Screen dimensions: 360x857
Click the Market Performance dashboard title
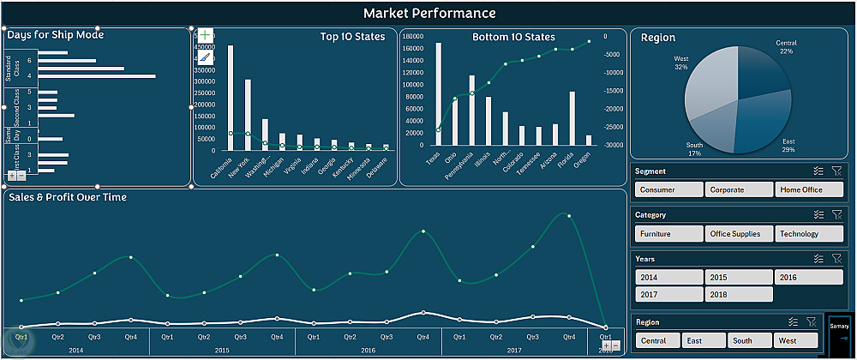428,13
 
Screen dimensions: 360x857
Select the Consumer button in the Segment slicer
669,189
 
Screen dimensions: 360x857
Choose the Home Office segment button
809,189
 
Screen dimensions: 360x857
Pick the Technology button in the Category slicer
809,233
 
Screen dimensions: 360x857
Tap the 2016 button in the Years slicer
809,277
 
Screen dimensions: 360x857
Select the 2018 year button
739,294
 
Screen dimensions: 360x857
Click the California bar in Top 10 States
231,99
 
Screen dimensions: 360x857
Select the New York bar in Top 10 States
248,116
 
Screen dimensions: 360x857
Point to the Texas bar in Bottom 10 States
439,94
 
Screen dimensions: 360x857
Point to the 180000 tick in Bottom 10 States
414,37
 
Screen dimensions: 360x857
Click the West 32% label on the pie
681,63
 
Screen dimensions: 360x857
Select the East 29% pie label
789,145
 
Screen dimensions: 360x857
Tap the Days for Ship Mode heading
56,35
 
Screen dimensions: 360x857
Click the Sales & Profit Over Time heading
67,197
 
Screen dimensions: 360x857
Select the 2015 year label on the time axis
222,351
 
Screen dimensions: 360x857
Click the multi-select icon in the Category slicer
819,215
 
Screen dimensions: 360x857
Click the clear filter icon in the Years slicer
837,258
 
